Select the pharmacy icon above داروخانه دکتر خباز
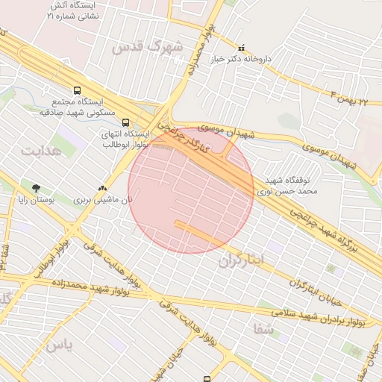click(240, 47)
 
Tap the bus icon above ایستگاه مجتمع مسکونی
click(77, 89)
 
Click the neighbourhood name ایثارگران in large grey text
click(242, 261)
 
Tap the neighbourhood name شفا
click(264, 329)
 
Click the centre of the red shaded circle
click(192, 190)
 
